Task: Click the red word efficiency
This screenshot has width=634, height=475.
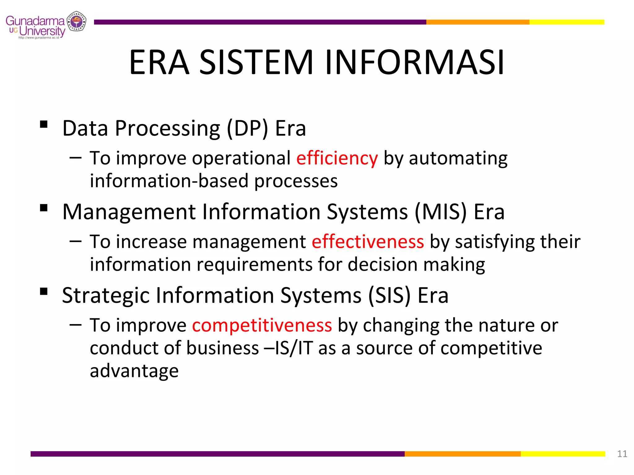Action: coord(337,158)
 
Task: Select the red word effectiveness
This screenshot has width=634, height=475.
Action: coord(367,242)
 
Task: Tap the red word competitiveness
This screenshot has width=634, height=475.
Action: coord(262,325)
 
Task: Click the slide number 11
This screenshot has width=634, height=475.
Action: coord(622,454)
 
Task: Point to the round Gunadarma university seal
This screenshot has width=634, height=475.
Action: coord(76,21)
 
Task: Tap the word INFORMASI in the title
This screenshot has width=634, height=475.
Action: coord(415,62)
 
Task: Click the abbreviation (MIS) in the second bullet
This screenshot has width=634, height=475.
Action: coord(440,212)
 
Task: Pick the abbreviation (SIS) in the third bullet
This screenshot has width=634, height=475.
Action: coord(389,295)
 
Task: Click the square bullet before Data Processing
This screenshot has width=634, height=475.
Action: coord(44,124)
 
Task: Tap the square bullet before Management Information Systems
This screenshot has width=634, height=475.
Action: coord(44,208)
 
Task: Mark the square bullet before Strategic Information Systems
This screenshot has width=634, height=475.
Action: coord(44,292)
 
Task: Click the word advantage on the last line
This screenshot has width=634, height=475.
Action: coord(134,371)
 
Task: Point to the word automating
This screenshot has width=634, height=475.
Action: coord(458,158)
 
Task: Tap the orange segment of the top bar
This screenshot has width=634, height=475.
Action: coord(477,22)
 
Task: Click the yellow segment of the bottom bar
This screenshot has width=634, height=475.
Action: coord(562,454)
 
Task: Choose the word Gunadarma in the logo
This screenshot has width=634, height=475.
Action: coord(35,21)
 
